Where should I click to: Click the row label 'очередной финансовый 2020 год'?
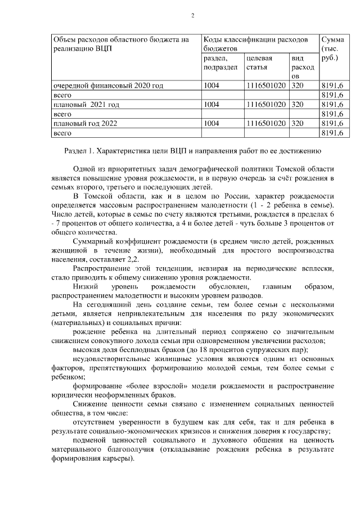(108, 86)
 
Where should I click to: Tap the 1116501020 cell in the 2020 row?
(266, 86)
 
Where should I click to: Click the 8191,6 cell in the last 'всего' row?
(331, 133)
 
